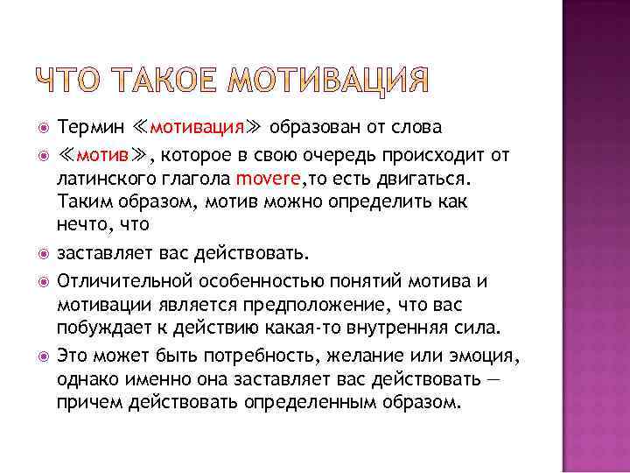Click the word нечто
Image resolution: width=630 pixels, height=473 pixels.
tap(79, 224)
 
